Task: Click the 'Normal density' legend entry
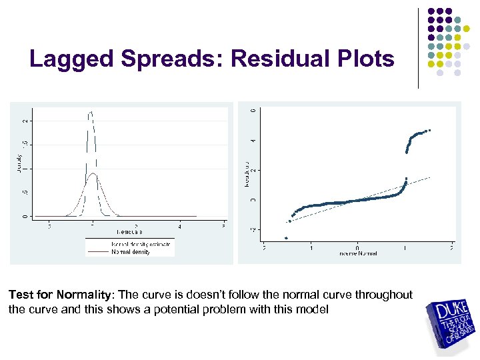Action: pos(131,252)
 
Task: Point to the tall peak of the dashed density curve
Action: pos(91,113)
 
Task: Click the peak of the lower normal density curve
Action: pos(94,174)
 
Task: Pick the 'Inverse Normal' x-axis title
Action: pos(357,254)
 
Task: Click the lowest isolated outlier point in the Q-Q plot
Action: pos(286,238)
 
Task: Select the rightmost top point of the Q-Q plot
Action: pos(430,130)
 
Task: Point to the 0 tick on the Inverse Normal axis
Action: pos(357,247)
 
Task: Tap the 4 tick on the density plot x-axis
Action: pos(180,226)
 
